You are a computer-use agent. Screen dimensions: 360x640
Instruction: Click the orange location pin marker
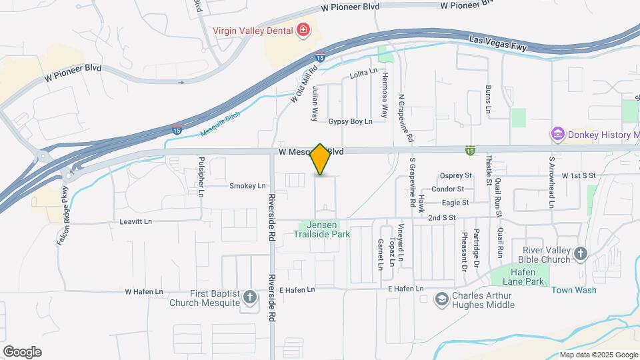[x=320, y=159]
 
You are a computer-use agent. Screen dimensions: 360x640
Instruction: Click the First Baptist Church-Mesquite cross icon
[x=250, y=297]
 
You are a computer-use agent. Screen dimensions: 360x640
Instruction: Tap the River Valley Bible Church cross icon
[x=581, y=253]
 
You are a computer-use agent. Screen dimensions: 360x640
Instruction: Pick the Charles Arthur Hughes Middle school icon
[x=441, y=299]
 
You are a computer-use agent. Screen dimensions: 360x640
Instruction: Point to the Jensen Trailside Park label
[x=322, y=230]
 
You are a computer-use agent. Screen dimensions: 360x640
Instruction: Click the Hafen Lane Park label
[x=519, y=276]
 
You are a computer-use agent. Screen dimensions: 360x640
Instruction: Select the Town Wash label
[x=573, y=290]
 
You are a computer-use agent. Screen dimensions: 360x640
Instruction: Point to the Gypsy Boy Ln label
[x=349, y=122]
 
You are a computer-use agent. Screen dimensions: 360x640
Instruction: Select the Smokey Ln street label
[x=247, y=186]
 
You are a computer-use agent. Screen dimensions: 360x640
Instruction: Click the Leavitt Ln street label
[x=136, y=221]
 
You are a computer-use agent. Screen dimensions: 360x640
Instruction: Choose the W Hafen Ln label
[x=143, y=292]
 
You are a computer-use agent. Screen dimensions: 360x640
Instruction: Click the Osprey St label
[x=456, y=176]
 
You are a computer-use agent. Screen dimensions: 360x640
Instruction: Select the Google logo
[x=21, y=352]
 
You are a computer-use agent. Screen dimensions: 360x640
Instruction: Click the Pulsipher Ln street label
[x=201, y=177]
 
